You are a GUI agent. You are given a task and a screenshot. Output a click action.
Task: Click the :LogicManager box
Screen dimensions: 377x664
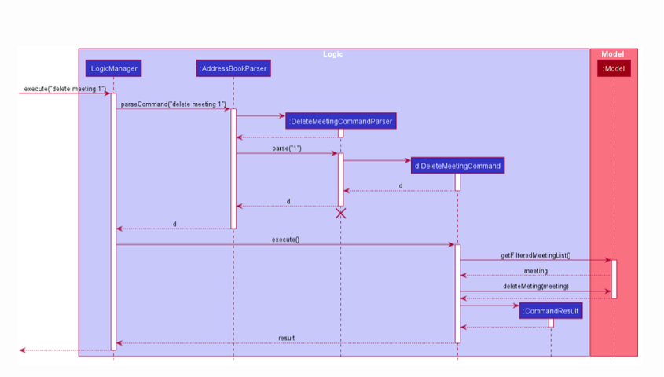click(x=113, y=69)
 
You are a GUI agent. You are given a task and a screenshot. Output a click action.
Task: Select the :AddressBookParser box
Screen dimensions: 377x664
click(x=233, y=69)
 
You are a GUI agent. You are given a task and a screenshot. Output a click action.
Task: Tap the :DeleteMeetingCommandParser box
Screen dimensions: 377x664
click(x=340, y=121)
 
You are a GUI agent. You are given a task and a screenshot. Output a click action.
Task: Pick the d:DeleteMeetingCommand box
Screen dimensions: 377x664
click(x=457, y=166)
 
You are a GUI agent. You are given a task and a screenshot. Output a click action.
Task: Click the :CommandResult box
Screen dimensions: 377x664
click(x=551, y=311)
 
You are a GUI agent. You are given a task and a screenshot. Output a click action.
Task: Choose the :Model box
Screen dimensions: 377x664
click(x=614, y=69)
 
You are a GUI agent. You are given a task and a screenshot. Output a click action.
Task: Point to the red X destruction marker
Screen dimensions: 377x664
click(x=340, y=214)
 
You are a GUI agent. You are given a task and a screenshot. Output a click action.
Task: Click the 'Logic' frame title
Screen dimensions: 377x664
click(x=333, y=54)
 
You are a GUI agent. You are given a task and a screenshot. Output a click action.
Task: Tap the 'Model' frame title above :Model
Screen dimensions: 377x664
click(x=613, y=54)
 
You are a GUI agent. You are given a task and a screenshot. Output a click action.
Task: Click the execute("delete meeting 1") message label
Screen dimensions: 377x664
click(x=64, y=89)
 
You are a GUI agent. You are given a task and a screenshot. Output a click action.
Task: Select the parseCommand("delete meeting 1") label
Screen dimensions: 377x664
click(x=173, y=104)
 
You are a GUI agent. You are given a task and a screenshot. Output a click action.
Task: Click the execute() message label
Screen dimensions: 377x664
click(x=285, y=240)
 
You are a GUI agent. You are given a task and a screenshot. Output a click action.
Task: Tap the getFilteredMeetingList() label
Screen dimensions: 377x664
click(x=535, y=255)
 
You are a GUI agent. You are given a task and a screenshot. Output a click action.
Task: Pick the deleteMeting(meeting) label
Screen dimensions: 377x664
click(x=535, y=287)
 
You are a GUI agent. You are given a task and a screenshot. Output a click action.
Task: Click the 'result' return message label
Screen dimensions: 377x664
click(x=286, y=338)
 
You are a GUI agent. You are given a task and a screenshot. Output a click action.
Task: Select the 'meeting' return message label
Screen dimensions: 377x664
click(x=535, y=271)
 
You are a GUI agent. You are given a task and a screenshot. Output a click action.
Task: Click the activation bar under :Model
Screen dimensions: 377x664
click(x=614, y=279)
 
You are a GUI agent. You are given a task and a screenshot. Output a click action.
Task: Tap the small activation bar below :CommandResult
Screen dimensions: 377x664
click(x=551, y=323)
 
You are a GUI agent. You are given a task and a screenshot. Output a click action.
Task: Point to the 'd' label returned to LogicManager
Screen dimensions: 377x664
click(x=174, y=224)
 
